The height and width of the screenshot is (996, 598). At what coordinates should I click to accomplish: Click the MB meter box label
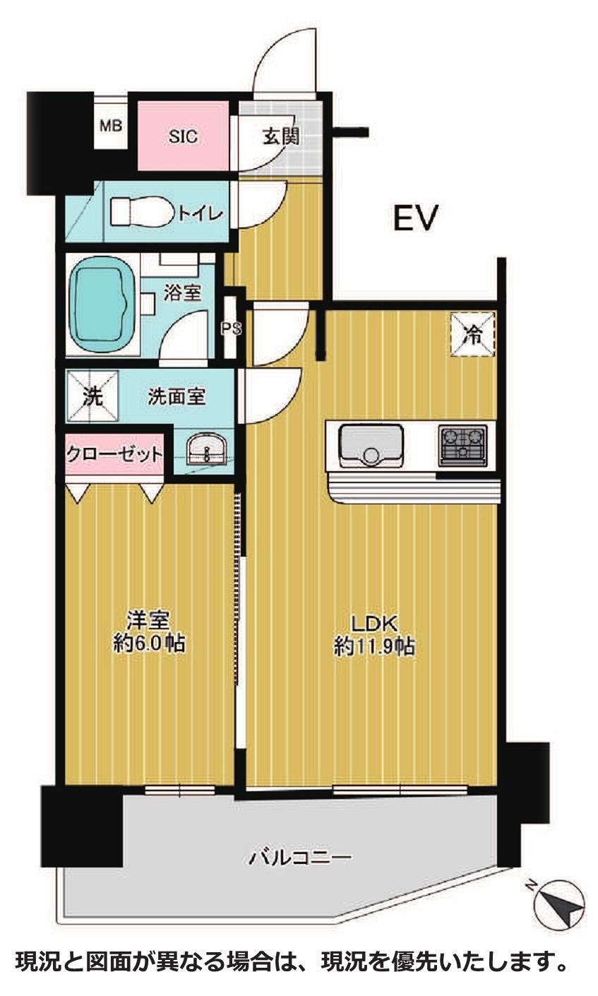tap(111, 126)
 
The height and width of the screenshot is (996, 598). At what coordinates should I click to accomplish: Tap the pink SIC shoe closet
tap(183, 136)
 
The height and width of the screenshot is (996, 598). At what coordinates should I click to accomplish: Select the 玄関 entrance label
tap(281, 136)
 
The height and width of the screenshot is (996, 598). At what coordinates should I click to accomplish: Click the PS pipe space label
tap(232, 328)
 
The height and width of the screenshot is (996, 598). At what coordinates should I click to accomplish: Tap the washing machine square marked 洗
tap(93, 396)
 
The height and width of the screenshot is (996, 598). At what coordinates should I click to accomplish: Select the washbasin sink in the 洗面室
tap(206, 449)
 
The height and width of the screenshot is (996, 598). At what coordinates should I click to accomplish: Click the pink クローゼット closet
tap(114, 454)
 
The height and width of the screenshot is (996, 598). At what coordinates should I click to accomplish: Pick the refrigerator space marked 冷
tap(473, 335)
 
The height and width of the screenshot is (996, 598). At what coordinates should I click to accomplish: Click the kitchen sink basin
tap(371, 446)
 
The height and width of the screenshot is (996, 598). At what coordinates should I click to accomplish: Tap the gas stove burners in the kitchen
tap(463, 446)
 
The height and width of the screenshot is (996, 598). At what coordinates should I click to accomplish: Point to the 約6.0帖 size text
tap(149, 644)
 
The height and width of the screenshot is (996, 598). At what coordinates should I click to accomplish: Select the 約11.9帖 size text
tap(374, 647)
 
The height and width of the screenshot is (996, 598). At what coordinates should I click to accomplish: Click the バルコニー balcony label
tap(300, 857)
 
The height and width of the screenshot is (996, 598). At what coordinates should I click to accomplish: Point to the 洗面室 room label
tap(177, 396)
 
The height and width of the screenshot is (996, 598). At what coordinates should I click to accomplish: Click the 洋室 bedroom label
tap(148, 620)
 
